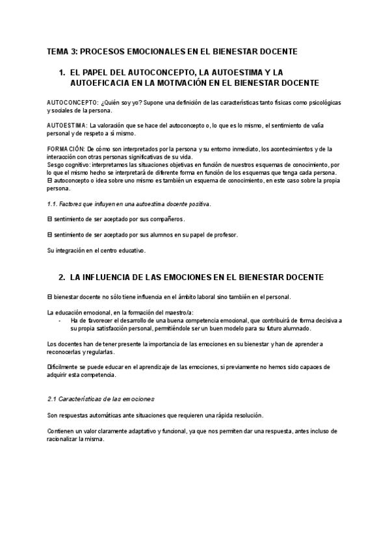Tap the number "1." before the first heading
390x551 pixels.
[62, 73]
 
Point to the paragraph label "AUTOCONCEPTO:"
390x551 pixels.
[73, 103]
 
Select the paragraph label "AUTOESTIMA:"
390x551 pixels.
[68, 126]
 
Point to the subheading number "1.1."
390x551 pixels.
[54, 204]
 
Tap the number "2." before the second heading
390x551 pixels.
[62, 277]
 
